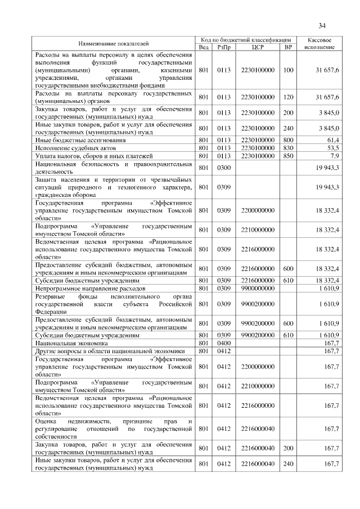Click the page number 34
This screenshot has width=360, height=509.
pyautogui.click(x=322, y=25)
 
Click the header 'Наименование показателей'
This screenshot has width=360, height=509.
pyautogui.click(x=114, y=43)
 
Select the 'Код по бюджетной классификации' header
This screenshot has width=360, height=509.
pyautogui.click(x=246, y=40)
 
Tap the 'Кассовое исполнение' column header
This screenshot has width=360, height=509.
pyautogui.click(x=319, y=43)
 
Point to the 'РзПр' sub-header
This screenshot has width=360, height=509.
pyautogui.click(x=224, y=47)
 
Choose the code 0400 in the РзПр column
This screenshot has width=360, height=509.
pyautogui.click(x=224, y=342)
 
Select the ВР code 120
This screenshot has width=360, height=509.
pyautogui.click(x=288, y=97)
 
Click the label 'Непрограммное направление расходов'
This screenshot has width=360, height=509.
pyautogui.click(x=86, y=287)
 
